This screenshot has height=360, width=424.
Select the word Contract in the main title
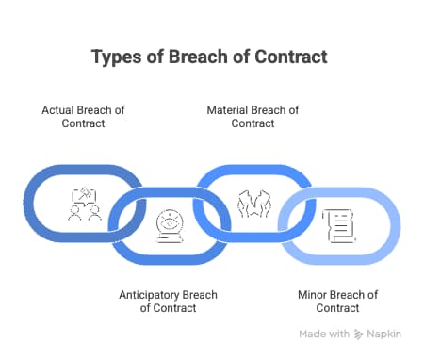tap(291, 57)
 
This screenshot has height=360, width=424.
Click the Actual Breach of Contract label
tap(83, 116)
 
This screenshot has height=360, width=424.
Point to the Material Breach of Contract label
tap(253, 116)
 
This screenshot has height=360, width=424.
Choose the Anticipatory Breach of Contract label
tap(168, 301)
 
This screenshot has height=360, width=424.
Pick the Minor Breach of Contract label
tap(337, 301)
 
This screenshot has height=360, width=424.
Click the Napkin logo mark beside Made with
tap(359, 335)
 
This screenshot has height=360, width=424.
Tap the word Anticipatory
tap(150, 294)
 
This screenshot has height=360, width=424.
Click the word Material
tap(229, 110)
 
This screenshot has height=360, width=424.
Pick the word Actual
tap(58, 110)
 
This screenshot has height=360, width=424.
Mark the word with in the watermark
tap(340, 335)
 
